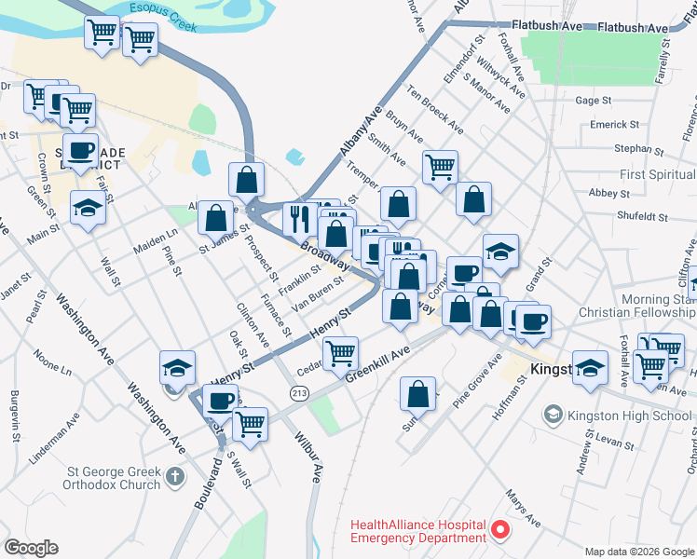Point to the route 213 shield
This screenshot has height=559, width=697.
pos(299,394)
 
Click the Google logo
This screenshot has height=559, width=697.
pos(32,548)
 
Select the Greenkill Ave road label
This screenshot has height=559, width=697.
pos(377,364)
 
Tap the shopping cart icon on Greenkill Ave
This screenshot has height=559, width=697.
pos(341,353)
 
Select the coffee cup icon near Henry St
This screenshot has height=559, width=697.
pos(220,401)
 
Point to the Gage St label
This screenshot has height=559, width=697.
pos(593,100)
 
